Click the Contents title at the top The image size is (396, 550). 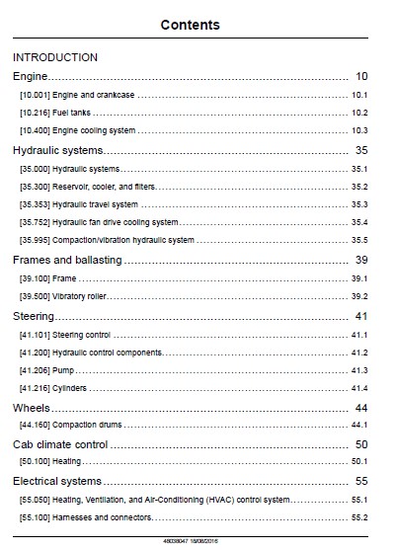(x=191, y=25)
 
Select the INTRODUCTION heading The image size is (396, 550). (x=55, y=57)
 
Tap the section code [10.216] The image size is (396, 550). (x=35, y=113)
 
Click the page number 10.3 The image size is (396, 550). (x=359, y=130)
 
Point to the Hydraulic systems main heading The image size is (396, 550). (x=58, y=150)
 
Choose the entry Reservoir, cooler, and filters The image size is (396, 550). (x=104, y=187)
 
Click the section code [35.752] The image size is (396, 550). (x=35, y=222)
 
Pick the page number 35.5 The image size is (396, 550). (x=359, y=240)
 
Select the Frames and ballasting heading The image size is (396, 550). (x=67, y=260)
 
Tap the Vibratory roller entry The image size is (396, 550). (x=79, y=296)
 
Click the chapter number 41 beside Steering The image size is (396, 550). (x=361, y=316)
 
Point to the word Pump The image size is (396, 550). (x=63, y=370)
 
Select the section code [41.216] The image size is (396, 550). (x=35, y=388)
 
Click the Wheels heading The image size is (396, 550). (x=32, y=408)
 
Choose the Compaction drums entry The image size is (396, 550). (x=87, y=425)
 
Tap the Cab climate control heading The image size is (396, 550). (x=60, y=444)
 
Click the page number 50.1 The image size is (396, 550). (x=359, y=461)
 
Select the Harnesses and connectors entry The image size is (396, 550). (x=102, y=517)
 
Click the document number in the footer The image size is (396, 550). (x=176, y=541)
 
